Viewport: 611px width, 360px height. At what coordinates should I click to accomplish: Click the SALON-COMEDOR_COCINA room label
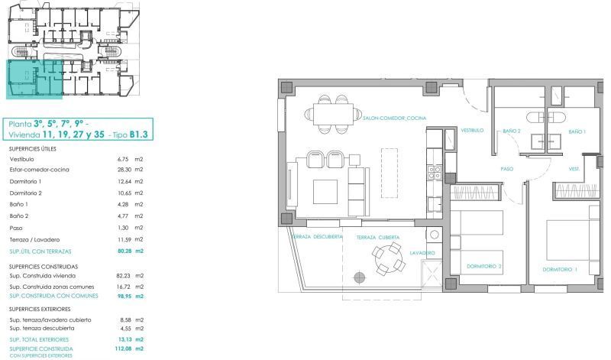click(394, 118)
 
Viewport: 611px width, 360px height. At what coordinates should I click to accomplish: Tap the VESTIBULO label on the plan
click(472, 130)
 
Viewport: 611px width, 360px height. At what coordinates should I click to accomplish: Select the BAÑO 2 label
click(511, 131)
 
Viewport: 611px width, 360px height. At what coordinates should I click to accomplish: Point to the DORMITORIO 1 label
click(560, 269)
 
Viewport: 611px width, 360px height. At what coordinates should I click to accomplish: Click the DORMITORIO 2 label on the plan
click(484, 267)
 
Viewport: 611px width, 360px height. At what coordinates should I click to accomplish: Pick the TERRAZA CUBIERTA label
click(378, 237)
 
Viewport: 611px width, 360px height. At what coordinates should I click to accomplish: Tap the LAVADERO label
click(422, 253)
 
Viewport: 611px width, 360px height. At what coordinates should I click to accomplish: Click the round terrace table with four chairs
click(389, 258)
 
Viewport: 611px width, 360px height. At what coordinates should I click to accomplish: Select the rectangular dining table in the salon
click(333, 114)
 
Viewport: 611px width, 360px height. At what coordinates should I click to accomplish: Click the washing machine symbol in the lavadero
click(434, 235)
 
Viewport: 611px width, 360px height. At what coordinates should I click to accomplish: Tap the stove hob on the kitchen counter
click(435, 173)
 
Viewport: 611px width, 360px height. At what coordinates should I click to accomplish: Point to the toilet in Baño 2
click(535, 117)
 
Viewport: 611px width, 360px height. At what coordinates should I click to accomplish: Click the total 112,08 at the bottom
click(124, 349)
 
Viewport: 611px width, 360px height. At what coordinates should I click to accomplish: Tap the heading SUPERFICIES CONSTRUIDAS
click(44, 267)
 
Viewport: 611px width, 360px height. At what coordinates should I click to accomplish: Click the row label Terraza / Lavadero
click(34, 239)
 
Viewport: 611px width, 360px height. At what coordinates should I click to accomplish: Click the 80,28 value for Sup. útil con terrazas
click(124, 251)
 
